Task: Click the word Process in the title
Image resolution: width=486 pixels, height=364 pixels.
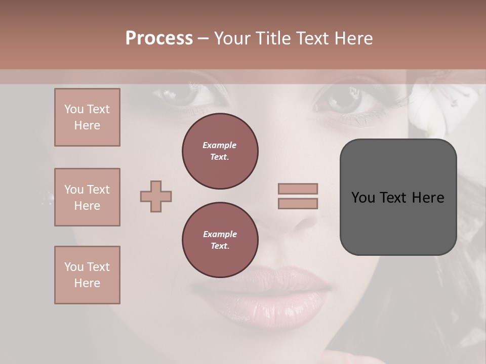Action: [159, 38]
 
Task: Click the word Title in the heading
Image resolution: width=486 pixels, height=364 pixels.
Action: [273, 38]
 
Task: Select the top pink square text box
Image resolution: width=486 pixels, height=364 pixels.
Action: [87, 117]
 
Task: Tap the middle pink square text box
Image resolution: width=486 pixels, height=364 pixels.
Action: [87, 197]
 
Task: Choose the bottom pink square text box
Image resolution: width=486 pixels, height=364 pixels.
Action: [87, 275]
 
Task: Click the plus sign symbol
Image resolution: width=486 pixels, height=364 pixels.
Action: [156, 196]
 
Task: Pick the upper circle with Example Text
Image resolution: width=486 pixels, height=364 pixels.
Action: [220, 151]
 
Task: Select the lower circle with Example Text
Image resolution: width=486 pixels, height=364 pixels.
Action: [220, 240]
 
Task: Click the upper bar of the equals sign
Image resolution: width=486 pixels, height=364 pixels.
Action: [298, 189]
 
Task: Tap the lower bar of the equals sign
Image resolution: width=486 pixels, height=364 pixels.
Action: [298, 203]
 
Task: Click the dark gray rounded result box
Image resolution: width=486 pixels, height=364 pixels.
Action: [398, 197]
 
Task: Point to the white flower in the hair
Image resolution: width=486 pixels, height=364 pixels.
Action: [440, 109]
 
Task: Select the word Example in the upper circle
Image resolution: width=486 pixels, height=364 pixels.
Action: [220, 145]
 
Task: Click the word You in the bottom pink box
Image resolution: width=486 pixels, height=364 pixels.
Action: [74, 267]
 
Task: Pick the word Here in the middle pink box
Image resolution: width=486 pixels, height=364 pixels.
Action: [87, 206]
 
